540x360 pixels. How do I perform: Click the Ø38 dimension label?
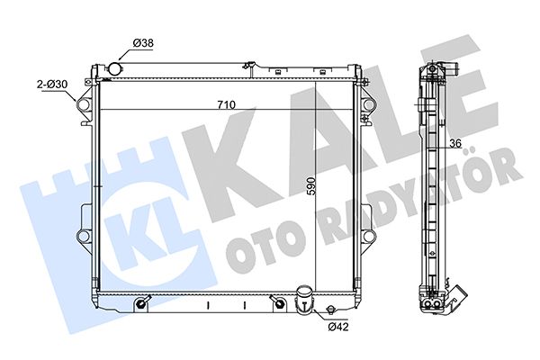(x=143, y=43)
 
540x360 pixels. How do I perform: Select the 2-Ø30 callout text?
(x=52, y=84)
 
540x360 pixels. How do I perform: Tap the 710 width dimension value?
(x=226, y=104)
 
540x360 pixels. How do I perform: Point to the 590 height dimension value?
(x=311, y=186)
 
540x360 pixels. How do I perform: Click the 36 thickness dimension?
(x=455, y=143)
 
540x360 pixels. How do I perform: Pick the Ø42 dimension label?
(x=338, y=326)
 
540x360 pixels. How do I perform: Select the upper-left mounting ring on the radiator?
(x=85, y=103)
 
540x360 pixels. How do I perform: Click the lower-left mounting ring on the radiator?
(x=84, y=236)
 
